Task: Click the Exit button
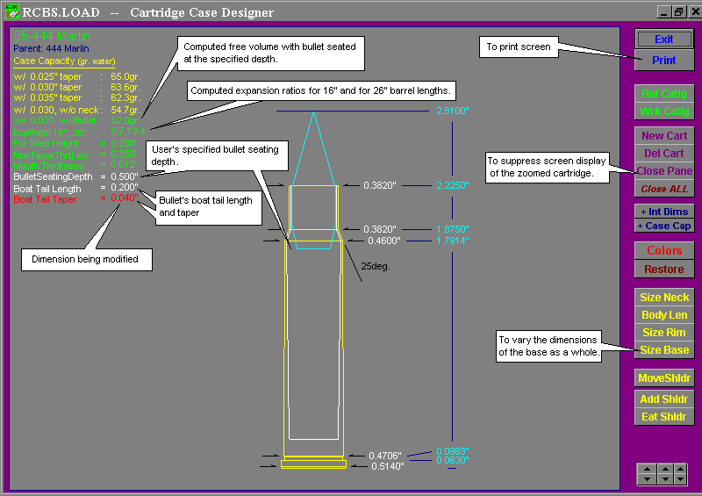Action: [x=663, y=39]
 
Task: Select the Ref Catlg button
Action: [x=663, y=93]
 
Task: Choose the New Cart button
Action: [x=663, y=136]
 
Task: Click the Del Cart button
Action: [x=663, y=154]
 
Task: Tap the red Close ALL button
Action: [x=663, y=189]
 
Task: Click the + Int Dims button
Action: [x=663, y=212]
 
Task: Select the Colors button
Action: [x=663, y=251]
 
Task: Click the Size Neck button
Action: [x=663, y=298]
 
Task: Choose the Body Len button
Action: [x=663, y=315]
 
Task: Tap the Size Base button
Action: [x=663, y=350]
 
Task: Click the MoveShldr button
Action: [x=663, y=378]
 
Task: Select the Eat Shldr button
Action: [x=663, y=417]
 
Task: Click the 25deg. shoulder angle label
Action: [x=376, y=264]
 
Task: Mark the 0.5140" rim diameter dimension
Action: [x=386, y=467]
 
